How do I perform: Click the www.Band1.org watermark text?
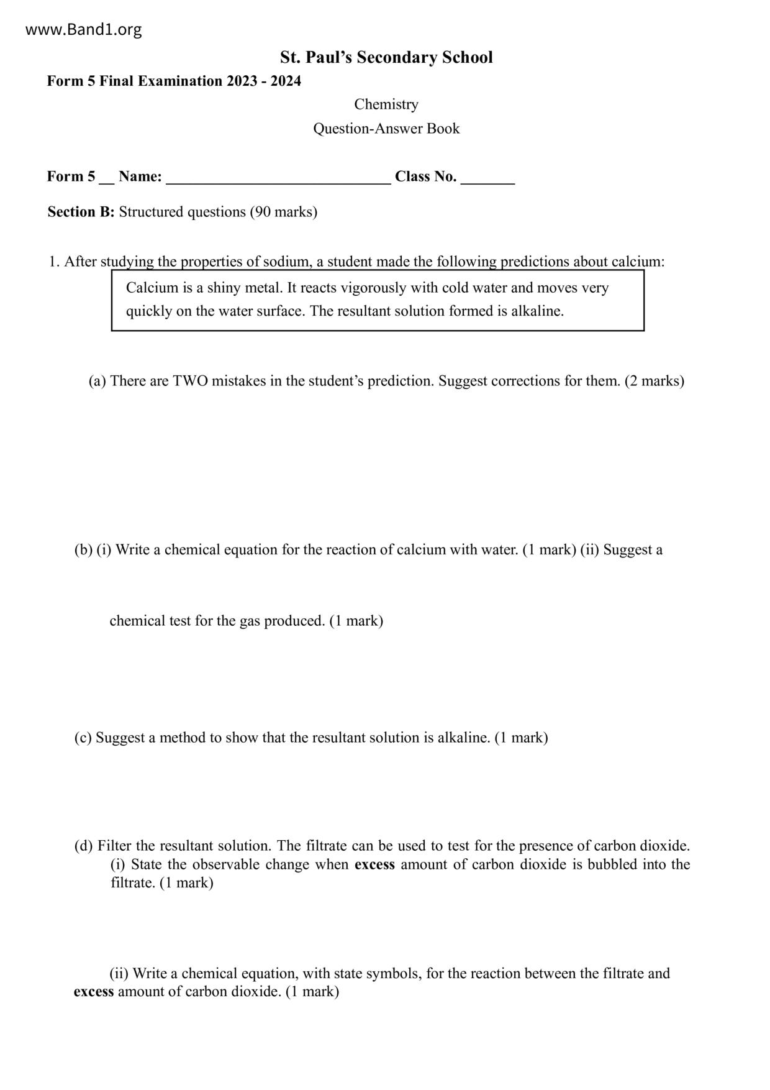(83, 30)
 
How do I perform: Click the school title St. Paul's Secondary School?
(386, 58)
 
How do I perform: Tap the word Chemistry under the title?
(386, 104)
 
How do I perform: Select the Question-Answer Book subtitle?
(386, 129)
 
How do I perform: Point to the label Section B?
(81, 212)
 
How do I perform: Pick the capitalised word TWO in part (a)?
(190, 381)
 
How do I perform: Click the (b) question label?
(83, 550)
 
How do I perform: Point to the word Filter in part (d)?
(114, 846)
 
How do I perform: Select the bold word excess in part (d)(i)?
(374, 864)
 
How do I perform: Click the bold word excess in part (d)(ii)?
(94, 991)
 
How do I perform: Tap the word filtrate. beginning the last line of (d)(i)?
(133, 882)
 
